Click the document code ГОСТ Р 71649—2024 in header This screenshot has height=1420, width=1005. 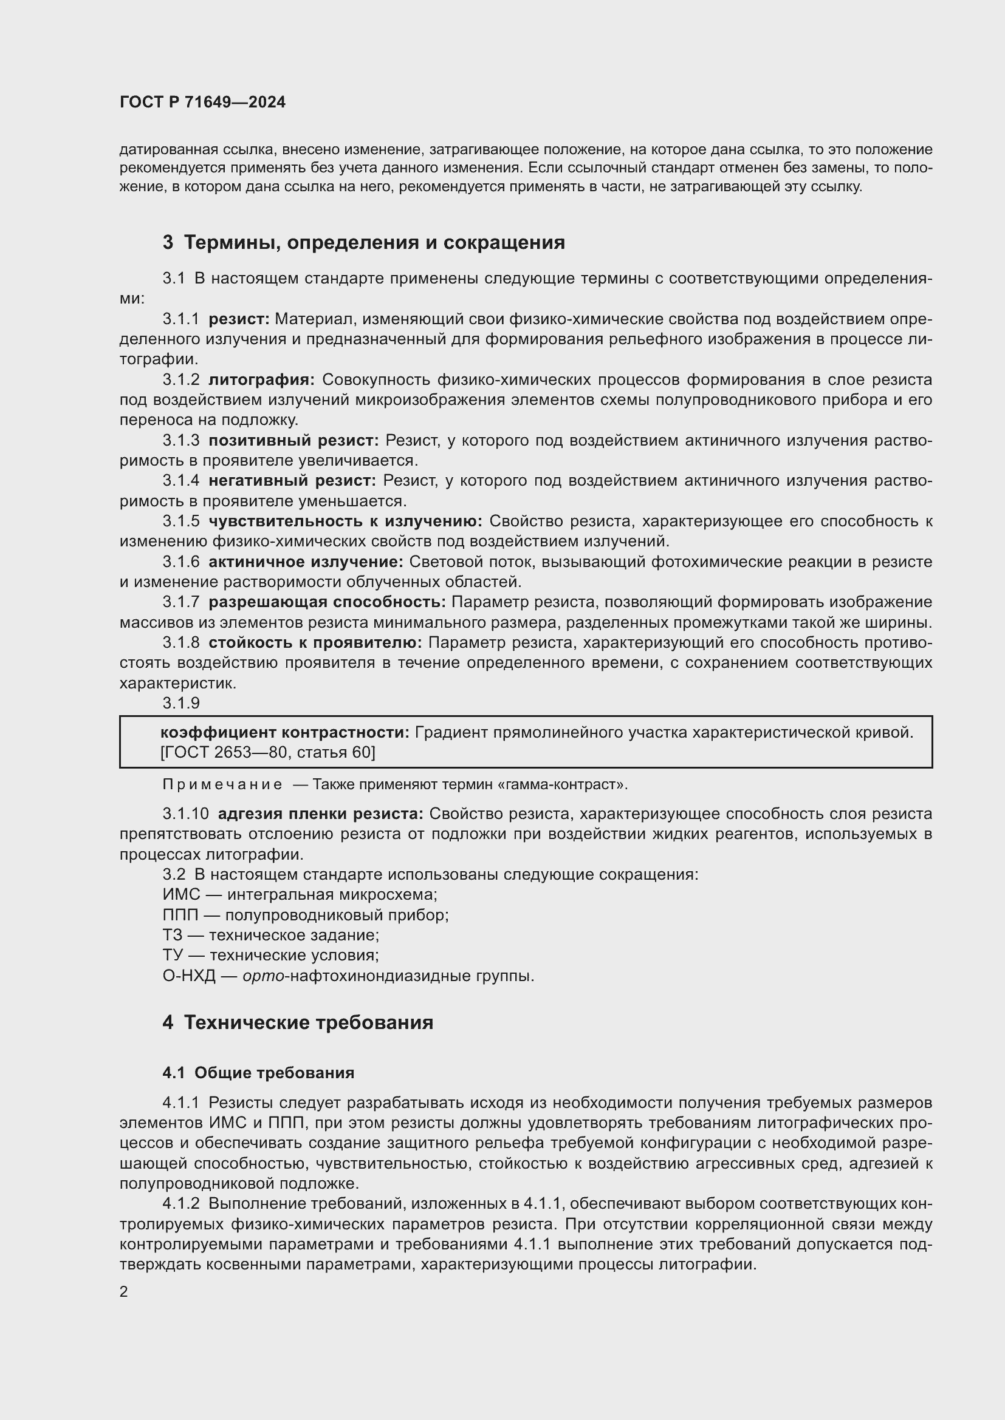point(202,103)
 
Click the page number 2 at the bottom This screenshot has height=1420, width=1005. point(124,1291)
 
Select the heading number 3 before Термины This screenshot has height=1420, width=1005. point(168,242)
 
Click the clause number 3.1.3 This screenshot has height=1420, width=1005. point(180,440)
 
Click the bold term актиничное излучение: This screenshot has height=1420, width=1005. point(306,562)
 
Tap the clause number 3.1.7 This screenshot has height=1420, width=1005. point(180,602)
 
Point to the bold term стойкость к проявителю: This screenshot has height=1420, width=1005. point(315,642)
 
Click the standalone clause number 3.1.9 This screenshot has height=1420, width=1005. point(180,703)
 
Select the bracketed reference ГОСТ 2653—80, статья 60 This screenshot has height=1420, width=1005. point(268,752)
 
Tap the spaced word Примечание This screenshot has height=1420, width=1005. point(222,785)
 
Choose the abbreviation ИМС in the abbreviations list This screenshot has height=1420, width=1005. point(180,895)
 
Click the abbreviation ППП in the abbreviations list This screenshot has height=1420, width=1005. point(180,916)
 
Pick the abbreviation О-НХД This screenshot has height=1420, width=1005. point(189,976)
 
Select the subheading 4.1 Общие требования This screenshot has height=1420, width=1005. point(258,1073)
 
